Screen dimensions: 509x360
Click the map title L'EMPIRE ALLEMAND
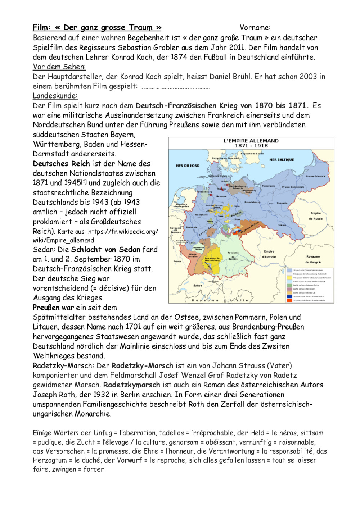(x=251, y=141)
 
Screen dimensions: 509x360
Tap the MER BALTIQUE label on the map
(x=282, y=160)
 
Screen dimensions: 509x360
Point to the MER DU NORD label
(x=187, y=166)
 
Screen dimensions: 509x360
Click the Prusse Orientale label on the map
(x=315, y=176)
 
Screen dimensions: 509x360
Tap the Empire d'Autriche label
(x=269, y=254)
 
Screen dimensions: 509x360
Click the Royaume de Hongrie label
(x=313, y=259)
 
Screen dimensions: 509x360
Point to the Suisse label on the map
(x=198, y=285)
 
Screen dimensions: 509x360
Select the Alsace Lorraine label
(x=193, y=255)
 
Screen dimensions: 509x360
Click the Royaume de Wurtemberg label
(x=212, y=259)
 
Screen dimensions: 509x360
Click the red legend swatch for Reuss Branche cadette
(x=289, y=300)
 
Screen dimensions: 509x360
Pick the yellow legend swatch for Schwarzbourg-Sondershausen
(x=289, y=278)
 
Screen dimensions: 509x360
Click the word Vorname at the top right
(x=255, y=28)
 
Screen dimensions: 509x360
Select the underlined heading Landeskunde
(x=55, y=96)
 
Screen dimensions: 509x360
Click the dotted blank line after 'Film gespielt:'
(x=175, y=87)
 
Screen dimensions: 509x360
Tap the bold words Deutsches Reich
(x=61, y=164)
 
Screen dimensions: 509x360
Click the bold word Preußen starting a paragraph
(x=46, y=308)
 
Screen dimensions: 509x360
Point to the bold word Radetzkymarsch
(x=131, y=385)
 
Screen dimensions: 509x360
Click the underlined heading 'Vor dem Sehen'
(x=59, y=67)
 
